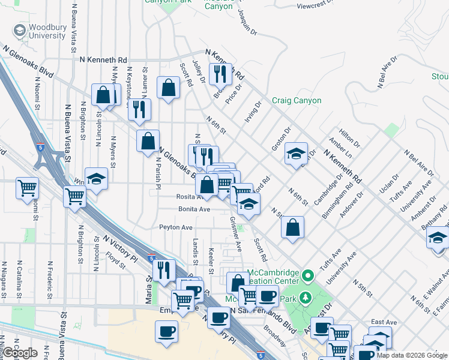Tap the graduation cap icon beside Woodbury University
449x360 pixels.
click(x=20, y=30)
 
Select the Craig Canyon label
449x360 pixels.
click(x=296, y=100)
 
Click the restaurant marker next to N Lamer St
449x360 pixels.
click(x=139, y=109)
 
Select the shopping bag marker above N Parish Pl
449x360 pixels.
click(x=148, y=142)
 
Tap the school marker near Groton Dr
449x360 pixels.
click(x=296, y=154)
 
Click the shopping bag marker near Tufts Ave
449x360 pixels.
click(x=292, y=228)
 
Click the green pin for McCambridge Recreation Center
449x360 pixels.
click(x=308, y=277)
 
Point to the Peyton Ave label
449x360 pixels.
click(x=176, y=227)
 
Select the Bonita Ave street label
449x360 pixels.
click(x=194, y=209)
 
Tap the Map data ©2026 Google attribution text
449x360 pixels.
click(x=411, y=355)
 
